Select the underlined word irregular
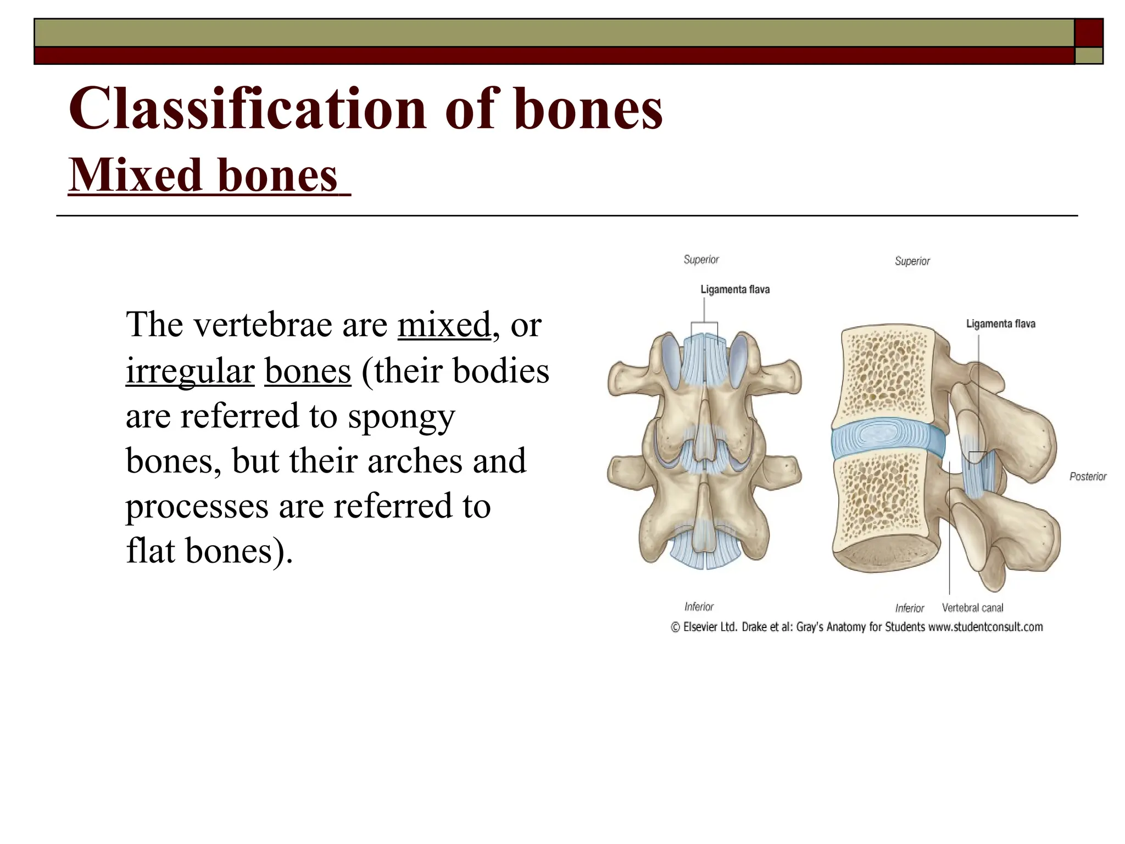190,371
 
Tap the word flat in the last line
149,551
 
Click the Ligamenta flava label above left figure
734,290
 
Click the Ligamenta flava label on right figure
1000,324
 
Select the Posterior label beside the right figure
1088,476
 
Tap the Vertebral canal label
972,608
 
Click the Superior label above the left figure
701,259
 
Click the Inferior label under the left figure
699,607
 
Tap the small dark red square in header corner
1088,32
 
